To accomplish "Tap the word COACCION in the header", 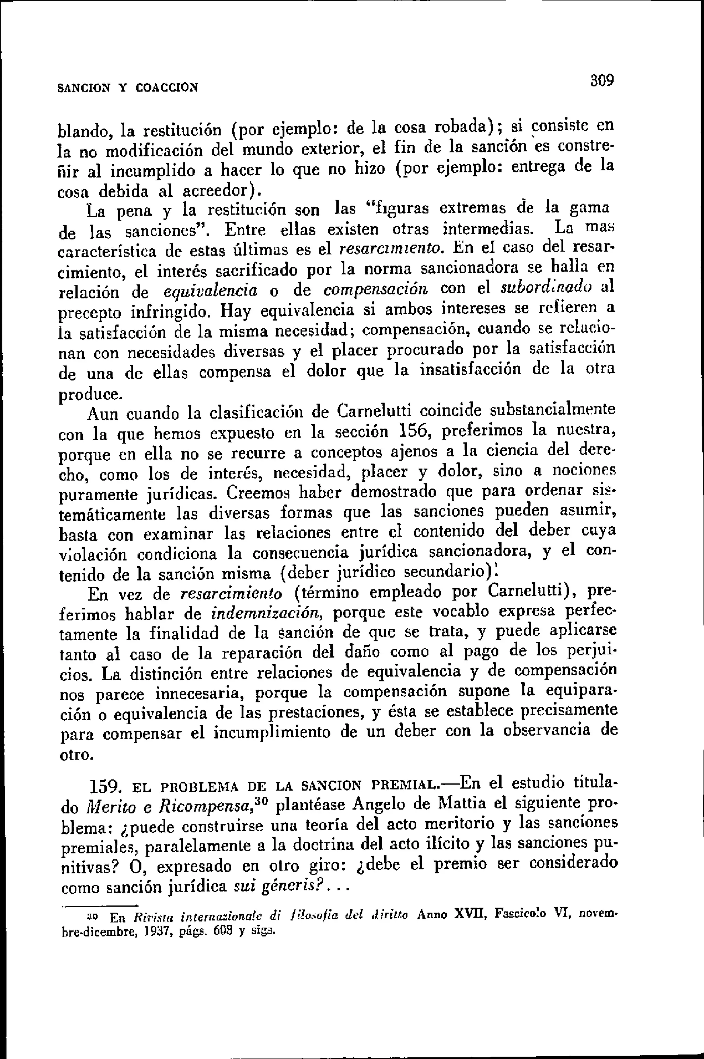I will pos(166,86).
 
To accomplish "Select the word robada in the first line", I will pos(463,128).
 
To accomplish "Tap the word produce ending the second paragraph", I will pos(89,395).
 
